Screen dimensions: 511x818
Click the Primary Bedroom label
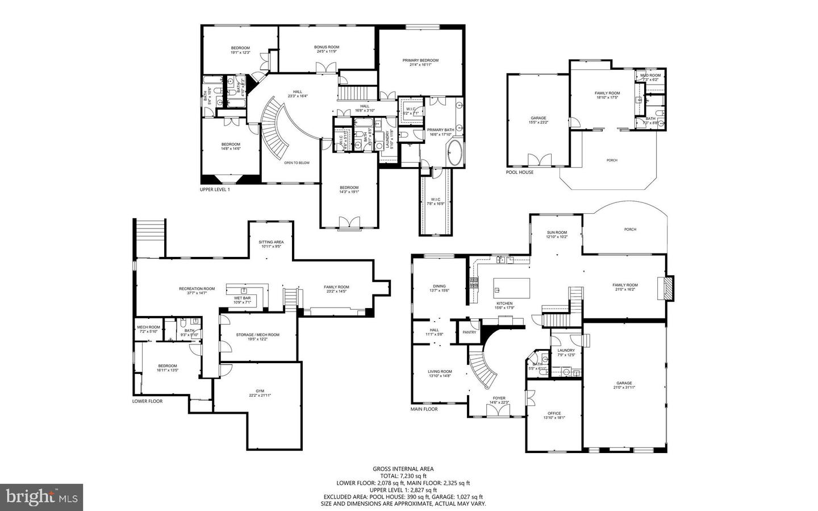click(x=420, y=60)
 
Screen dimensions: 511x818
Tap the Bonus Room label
click(x=327, y=47)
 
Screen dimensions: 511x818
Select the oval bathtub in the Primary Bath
click(x=455, y=152)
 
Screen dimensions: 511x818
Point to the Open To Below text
click(x=297, y=163)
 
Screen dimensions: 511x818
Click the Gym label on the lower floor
click(x=260, y=391)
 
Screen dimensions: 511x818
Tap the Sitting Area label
click(x=271, y=242)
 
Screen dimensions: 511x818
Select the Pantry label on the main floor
click(x=469, y=332)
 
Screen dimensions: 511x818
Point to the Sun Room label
click(x=557, y=232)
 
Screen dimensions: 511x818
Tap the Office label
click(x=554, y=413)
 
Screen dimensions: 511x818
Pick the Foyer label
click(x=499, y=398)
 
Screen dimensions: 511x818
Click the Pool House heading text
click(x=520, y=172)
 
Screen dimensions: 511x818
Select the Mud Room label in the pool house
click(x=650, y=76)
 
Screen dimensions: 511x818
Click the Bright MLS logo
click(x=41, y=497)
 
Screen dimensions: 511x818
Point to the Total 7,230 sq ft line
click(x=403, y=476)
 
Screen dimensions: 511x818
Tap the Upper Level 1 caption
click(x=215, y=189)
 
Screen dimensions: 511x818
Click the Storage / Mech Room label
click(x=258, y=335)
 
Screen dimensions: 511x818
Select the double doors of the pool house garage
click(x=540, y=159)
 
